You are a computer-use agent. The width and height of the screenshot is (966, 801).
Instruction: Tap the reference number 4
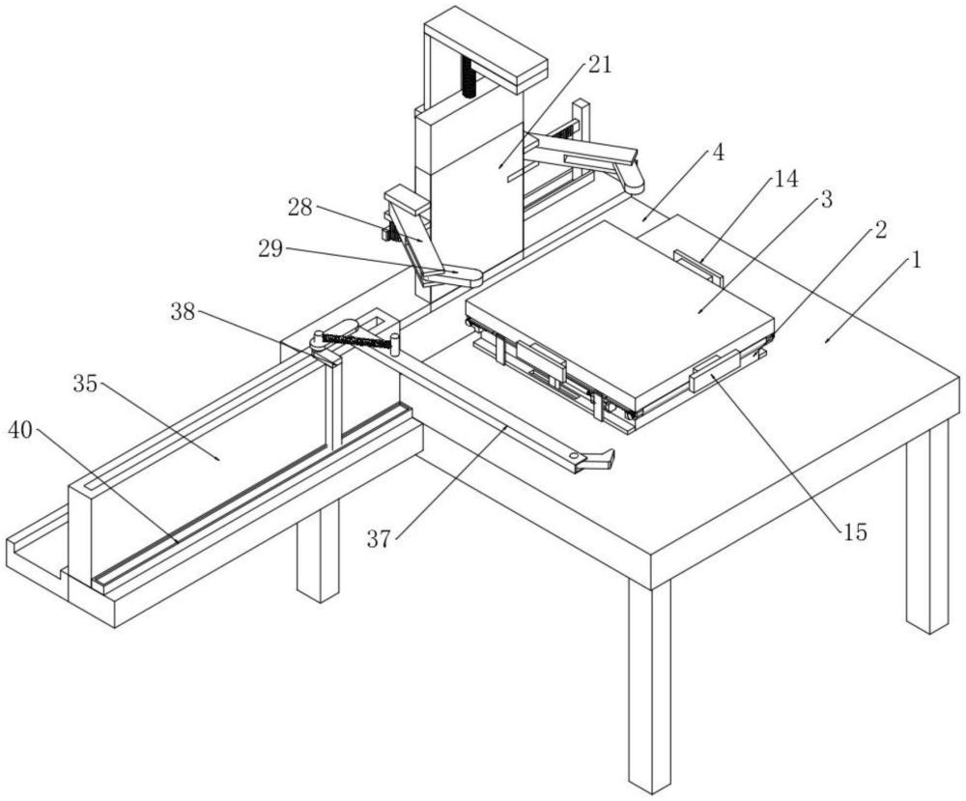pos(718,152)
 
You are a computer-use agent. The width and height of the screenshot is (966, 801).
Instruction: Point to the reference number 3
pos(825,200)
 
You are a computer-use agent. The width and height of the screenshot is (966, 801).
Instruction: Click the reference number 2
pos(880,230)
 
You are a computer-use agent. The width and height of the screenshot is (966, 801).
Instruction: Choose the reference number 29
pos(270,248)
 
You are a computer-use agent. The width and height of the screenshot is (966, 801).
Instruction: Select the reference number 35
pos(86,384)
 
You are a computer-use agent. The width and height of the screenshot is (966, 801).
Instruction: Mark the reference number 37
pos(379,538)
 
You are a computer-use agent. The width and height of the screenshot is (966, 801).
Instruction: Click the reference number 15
pos(854,530)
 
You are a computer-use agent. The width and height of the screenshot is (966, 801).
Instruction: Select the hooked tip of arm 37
pos(599,459)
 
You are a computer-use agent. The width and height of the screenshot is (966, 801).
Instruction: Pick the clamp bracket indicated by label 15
pos(716,371)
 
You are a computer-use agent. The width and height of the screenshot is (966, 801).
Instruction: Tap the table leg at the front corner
pos(649,686)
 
